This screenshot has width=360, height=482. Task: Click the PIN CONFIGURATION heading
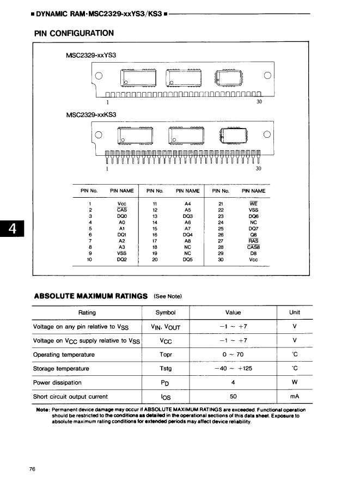(74, 33)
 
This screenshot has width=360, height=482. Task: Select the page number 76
(33, 469)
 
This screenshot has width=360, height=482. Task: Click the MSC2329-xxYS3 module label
(90, 56)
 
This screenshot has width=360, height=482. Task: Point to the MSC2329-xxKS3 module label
(90, 115)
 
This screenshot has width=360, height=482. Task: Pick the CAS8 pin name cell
(253, 247)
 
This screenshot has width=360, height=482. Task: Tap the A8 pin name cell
(187, 241)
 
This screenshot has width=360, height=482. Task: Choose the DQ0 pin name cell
(122, 216)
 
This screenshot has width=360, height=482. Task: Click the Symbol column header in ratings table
(165, 313)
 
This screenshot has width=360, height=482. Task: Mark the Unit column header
(295, 313)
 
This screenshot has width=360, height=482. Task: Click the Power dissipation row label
(57, 383)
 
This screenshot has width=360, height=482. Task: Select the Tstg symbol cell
(165, 369)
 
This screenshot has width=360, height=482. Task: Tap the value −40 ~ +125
(233, 369)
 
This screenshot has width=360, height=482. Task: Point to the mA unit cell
(295, 396)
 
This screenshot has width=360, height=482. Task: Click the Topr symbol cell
(165, 355)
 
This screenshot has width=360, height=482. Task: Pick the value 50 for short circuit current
(233, 396)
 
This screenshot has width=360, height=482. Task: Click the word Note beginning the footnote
(42, 410)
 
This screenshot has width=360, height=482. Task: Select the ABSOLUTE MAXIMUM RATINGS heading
(91, 296)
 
